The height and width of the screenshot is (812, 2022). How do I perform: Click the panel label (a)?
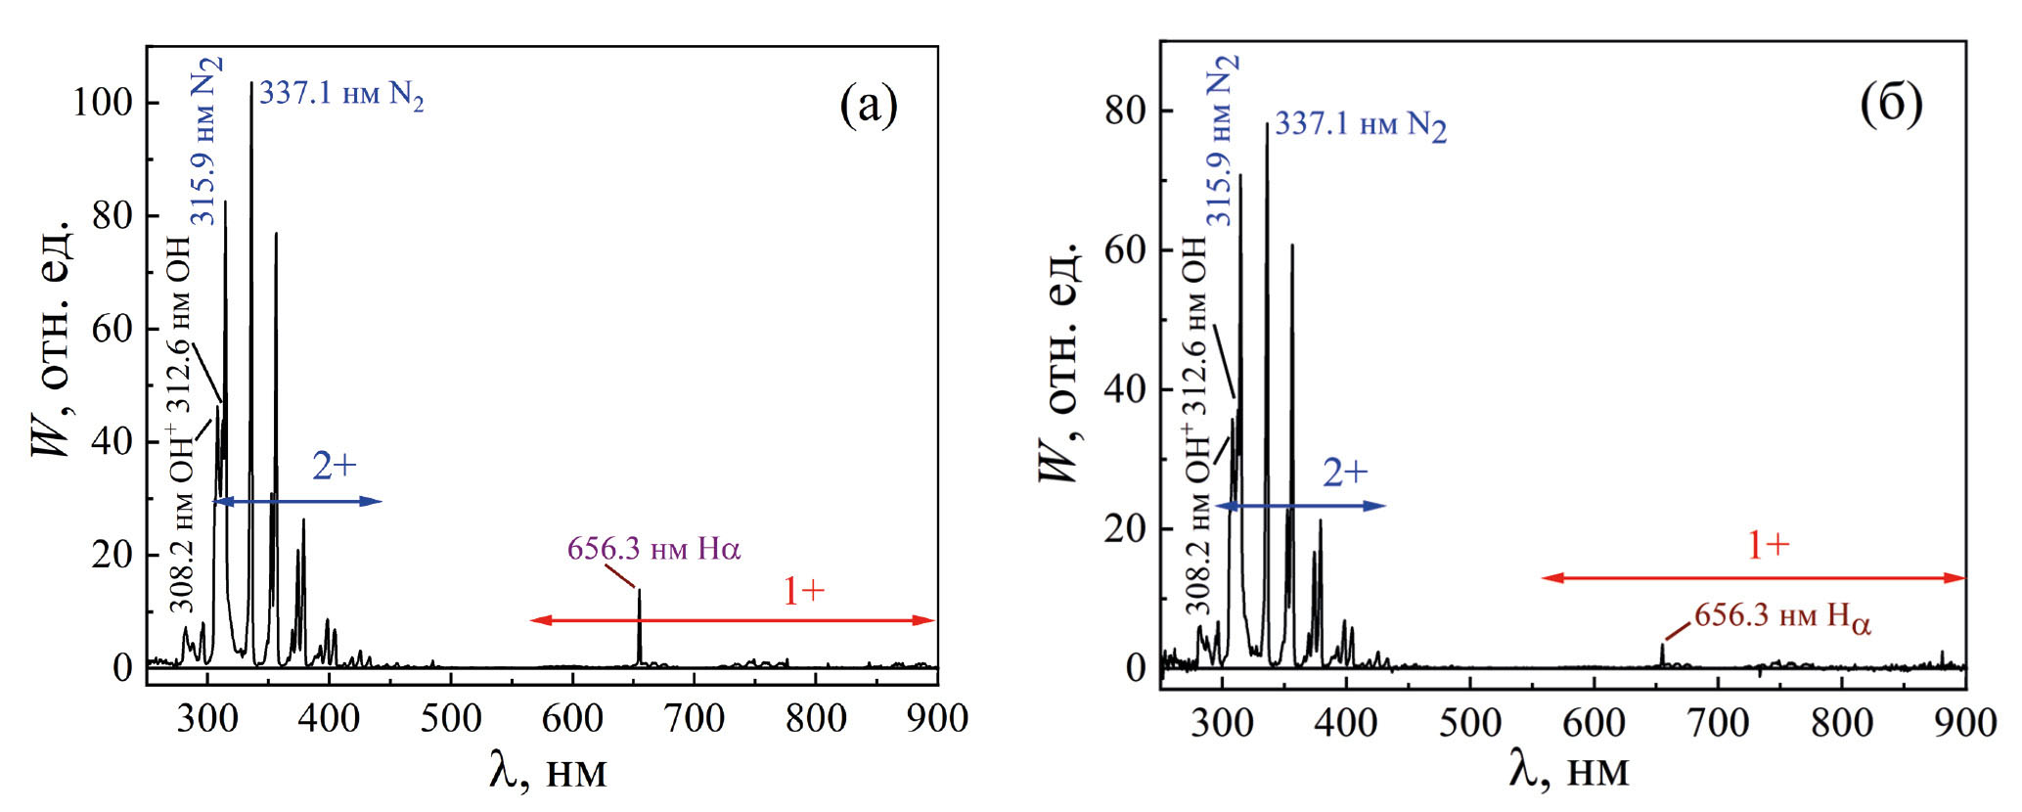click(868, 105)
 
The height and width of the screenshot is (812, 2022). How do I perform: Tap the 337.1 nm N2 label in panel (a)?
click(341, 95)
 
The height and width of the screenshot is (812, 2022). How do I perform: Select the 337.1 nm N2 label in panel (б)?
click(1360, 125)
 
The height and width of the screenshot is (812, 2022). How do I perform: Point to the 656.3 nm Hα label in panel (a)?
click(653, 549)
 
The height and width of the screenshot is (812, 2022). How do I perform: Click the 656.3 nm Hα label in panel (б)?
click(1782, 617)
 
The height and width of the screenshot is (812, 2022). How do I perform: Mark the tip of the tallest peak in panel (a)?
click(251, 85)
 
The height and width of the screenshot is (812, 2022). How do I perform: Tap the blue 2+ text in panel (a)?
click(335, 467)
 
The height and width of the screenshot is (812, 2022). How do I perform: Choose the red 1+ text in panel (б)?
click(1768, 545)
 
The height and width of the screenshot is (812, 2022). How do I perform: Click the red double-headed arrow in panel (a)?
click(732, 620)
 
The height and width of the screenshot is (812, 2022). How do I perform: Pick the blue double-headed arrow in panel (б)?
click(1300, 506)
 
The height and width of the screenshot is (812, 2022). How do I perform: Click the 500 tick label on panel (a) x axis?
click(450, 719)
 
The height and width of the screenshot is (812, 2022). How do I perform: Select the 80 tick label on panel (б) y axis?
click(1124, 111)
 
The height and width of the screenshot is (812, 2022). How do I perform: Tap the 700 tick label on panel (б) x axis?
click(1718, 723)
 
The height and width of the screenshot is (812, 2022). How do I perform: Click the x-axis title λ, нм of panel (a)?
click(547, 772)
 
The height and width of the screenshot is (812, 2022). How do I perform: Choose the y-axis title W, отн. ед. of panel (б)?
click(1058, 362)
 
